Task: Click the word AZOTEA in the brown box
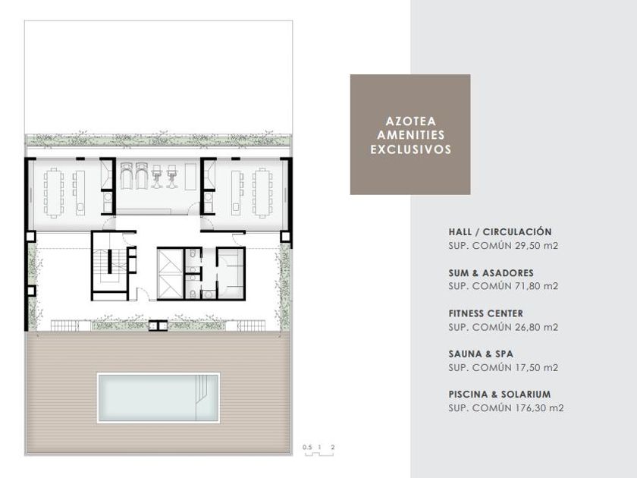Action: pos(410,121)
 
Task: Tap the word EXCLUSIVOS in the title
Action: pos(410,149)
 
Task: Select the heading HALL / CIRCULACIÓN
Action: pos(500,231)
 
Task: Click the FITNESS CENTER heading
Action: pos(486,313)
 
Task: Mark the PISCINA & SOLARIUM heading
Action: pos(500,395)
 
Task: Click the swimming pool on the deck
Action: pos(158,398)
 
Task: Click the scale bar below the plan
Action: pos(319,453)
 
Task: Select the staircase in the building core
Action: pos(109,266)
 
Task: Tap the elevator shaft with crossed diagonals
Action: pos(170,274)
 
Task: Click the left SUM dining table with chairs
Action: pos(54,193)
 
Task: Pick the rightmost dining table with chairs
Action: pos(262,193)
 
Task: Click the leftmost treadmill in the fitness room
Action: pos(127,176)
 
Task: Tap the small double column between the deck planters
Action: pos(158,325)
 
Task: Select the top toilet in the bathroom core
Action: pos(193,254)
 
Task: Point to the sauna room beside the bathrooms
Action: pos(231,273)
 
